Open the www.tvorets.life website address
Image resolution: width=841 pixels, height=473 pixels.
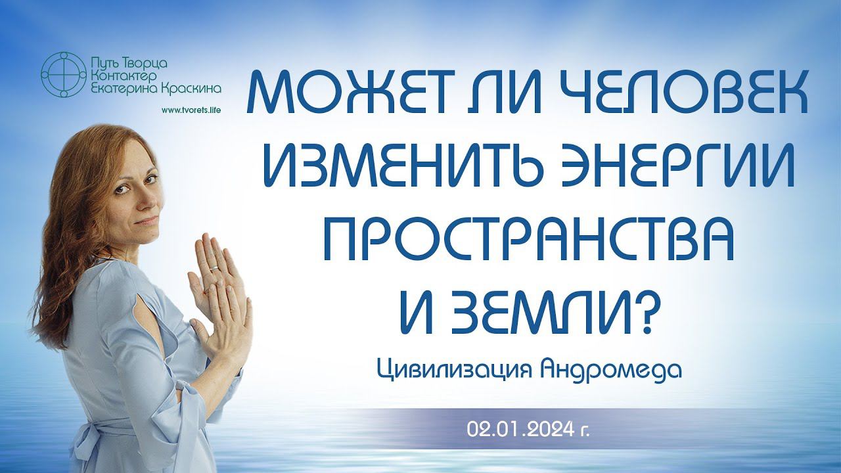coord(191,110)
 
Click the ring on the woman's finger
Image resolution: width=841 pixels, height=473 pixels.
coord(214,268)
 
